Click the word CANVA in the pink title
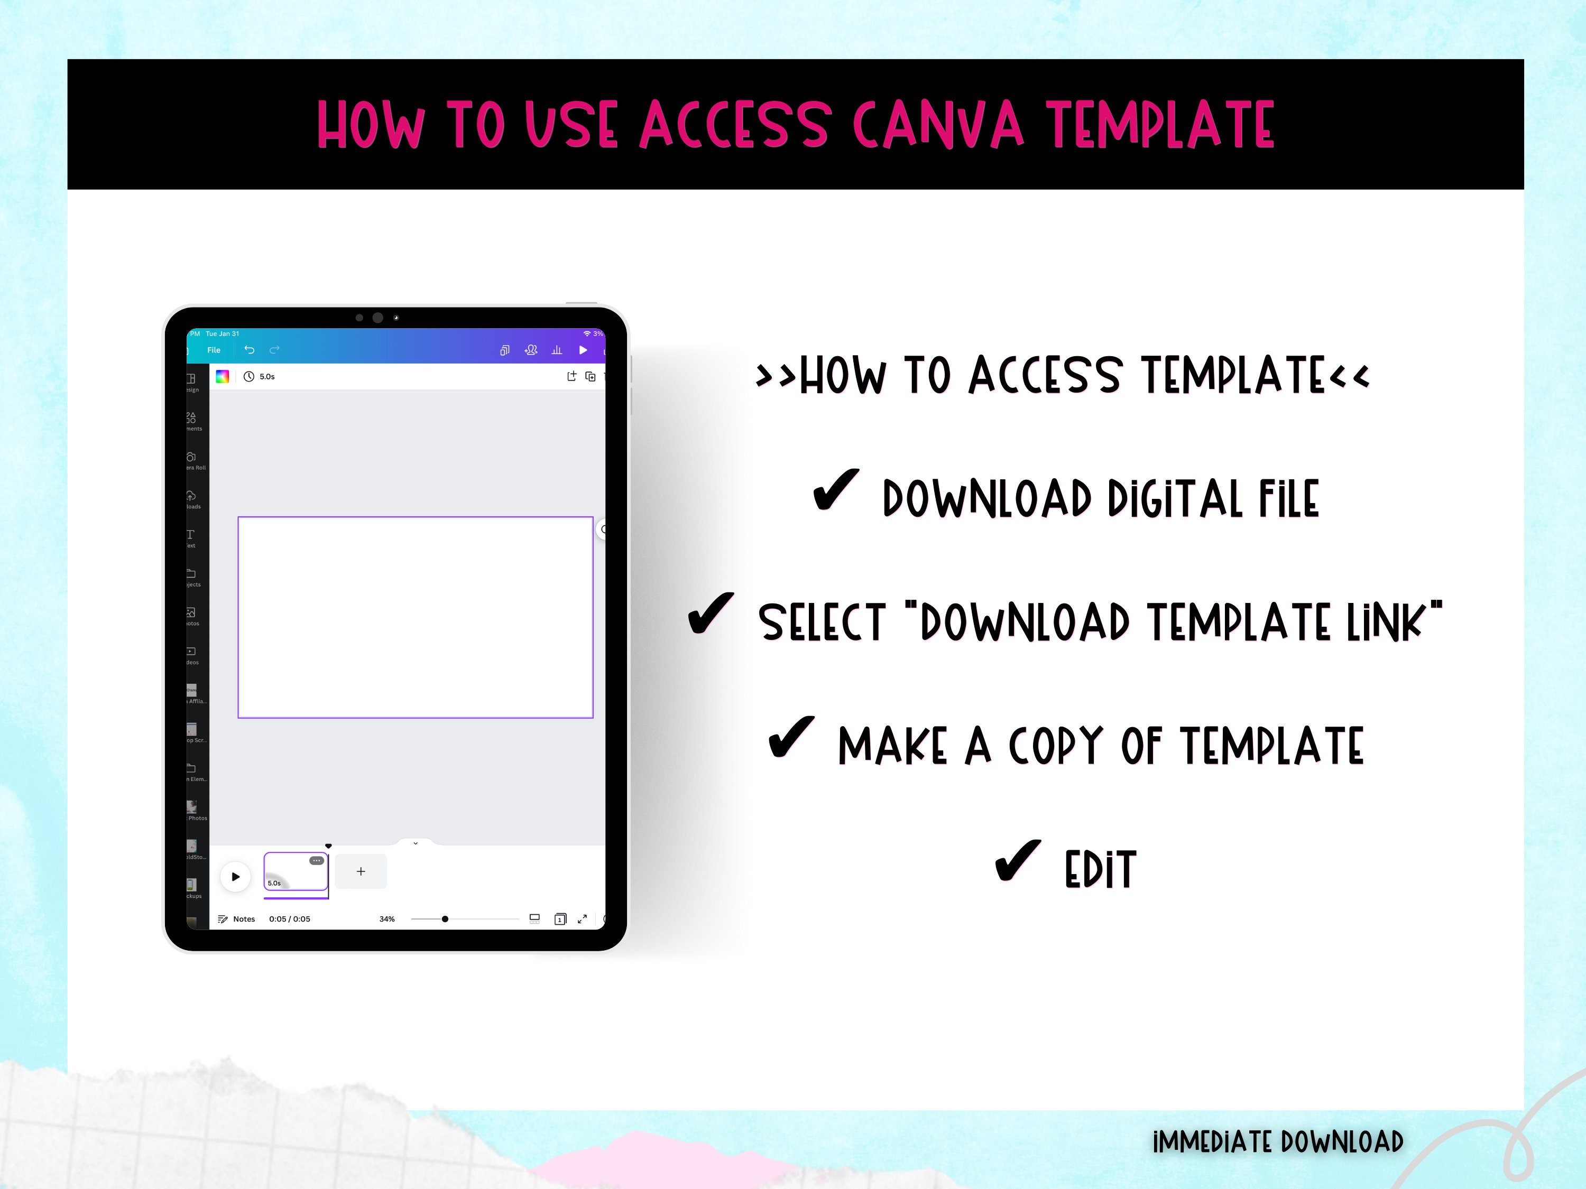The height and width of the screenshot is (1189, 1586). point(938,125)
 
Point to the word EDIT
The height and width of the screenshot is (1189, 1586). point(1101,869)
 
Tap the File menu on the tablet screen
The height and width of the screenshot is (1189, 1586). point(214,350)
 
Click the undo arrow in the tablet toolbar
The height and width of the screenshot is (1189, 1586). point(250,350)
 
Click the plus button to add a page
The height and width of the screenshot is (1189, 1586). point(361,871)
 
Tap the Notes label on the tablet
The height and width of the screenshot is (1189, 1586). point(244,919)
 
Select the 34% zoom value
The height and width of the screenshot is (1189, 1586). point(387,919)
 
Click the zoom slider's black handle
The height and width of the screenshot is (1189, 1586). point(445,919)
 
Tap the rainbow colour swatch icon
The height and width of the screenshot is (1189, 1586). point(222,376)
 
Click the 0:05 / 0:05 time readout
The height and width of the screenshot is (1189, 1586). point(290,919)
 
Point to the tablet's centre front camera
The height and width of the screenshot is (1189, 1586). point(378,318)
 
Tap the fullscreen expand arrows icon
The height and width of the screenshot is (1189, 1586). point(582,919)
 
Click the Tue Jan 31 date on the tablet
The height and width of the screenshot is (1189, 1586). point(222,334)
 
